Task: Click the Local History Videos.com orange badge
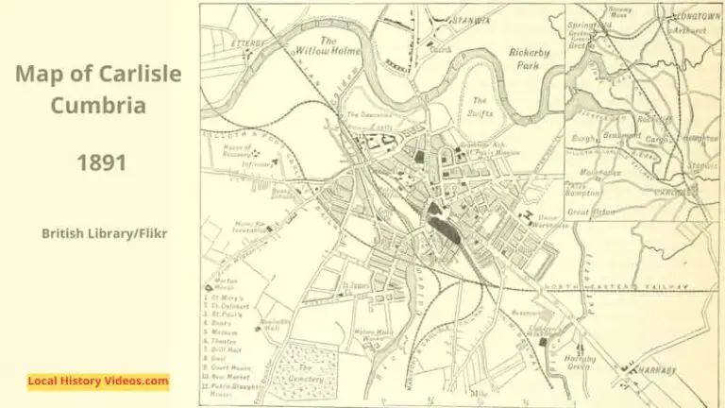tap(98, 382)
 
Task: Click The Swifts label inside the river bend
tap(481, 107)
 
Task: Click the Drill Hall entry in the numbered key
tap(224, 348)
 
